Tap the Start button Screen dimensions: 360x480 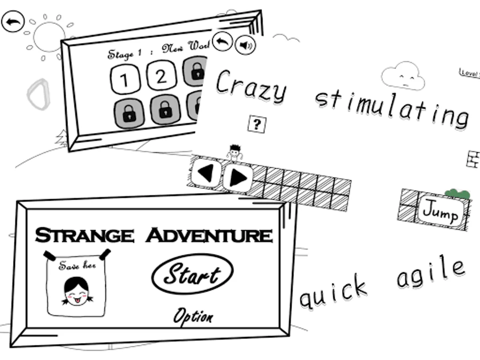[x=192, y=274]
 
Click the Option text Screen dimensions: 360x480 [x=193, y=317]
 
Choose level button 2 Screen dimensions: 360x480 [x=161, y=77]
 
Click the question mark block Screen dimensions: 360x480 [x=257, y=125]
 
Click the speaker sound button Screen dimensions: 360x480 [x=245, y=45]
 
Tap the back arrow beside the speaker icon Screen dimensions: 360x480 [x=222, y=41]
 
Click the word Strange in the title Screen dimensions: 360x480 [x=84, y=235]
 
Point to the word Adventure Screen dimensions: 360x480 [x=209, y=235]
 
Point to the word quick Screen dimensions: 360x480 [x=333, y=293]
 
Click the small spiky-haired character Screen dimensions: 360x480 [x=235, y=153]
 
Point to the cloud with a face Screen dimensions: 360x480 [x=403, y=76]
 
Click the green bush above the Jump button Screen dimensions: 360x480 [x=458, y=194]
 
